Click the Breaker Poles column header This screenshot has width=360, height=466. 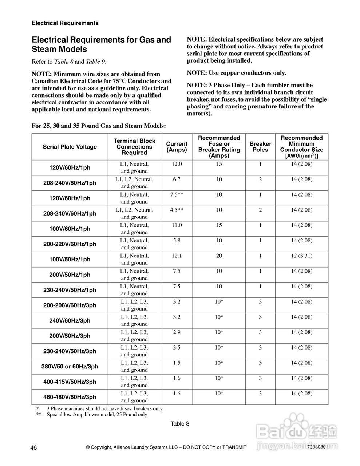[x=260, y=147]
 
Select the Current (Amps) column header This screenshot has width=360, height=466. [x=177, y=147]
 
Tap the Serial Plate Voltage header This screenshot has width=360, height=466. [x=70, y=147]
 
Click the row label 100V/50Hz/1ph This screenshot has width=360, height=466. [x=70, y=260]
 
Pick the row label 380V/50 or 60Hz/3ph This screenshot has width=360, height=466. [x=70, y=367]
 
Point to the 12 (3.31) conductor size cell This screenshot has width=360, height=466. [x=301, y=256]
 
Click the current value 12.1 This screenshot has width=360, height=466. [x=177, y=256]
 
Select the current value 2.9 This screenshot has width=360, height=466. [x=177, y=332]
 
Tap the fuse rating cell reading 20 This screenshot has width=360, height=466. [x=219, y=256]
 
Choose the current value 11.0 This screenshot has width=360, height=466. [x=177, y=225]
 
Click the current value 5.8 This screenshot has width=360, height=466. [x=177, y=241]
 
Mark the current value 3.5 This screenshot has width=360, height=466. [x=177, y=348]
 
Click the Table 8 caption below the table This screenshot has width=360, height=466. [x=180, y=423]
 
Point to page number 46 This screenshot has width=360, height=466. [x=34, y=447]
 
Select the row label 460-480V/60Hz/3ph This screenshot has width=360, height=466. [x=70, y=397]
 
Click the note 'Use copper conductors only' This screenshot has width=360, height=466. [x=236, y=73]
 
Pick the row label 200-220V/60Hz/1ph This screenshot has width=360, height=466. [x=70, y=244]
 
